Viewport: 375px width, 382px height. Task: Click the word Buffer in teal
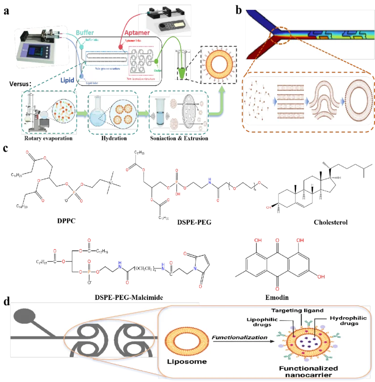point(85,33)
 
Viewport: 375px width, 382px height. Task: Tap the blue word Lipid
point(67,81)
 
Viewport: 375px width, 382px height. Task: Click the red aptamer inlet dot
point(120,46)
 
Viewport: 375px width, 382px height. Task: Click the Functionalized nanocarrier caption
point(308,372)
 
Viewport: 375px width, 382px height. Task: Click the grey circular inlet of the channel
point(25,316)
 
